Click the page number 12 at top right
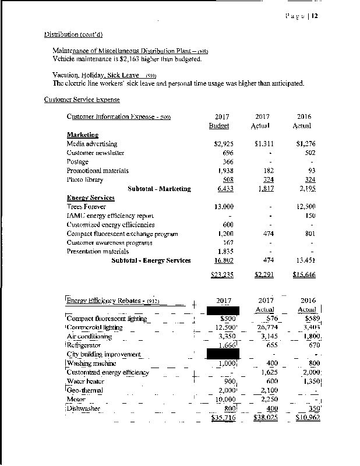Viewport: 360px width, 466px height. [315, 16]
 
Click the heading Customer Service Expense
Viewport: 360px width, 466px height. [82, 100]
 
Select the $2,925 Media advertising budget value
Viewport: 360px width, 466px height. [224, 144]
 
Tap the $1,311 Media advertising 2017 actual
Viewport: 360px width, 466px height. [264, 144]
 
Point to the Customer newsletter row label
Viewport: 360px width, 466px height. [96, 153]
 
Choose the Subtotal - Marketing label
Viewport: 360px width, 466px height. [159, 189]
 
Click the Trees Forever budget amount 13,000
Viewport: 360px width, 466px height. [224, 207]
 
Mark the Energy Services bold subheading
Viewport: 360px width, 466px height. [91, 198]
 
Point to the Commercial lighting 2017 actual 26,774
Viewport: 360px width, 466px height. [266, 327]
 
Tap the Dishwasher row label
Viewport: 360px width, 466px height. [84, 408]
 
